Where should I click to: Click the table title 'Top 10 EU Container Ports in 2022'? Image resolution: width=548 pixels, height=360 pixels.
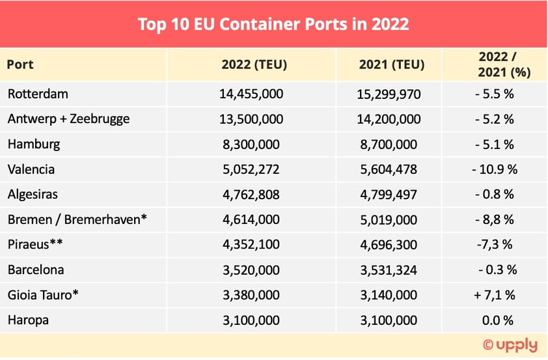[x=273, y=24]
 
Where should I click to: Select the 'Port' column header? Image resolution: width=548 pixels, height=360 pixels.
[x=20, y=64]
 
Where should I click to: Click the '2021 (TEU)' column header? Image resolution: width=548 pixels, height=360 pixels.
[x=391, y=64]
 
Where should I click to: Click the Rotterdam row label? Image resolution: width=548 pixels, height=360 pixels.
[x=38, y=94]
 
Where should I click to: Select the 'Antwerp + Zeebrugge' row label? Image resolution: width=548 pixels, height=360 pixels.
[x=68, y=118]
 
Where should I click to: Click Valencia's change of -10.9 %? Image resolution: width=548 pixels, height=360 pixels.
[x=495, y=169]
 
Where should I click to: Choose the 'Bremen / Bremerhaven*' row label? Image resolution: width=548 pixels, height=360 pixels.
[x=77, y=219]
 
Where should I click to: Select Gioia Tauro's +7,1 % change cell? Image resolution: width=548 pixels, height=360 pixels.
[x=495, y=295]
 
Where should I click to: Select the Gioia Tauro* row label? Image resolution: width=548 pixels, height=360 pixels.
[x=44, y=295]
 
